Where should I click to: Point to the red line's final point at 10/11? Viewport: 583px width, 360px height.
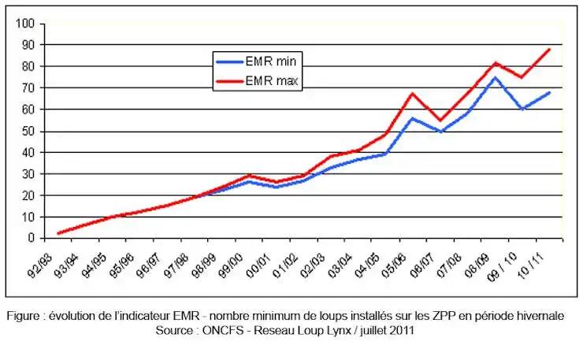tap(549, 50)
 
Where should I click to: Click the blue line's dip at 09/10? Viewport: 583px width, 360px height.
tap(522, 109)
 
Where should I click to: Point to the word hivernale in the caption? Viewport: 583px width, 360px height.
tap(538, 317)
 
